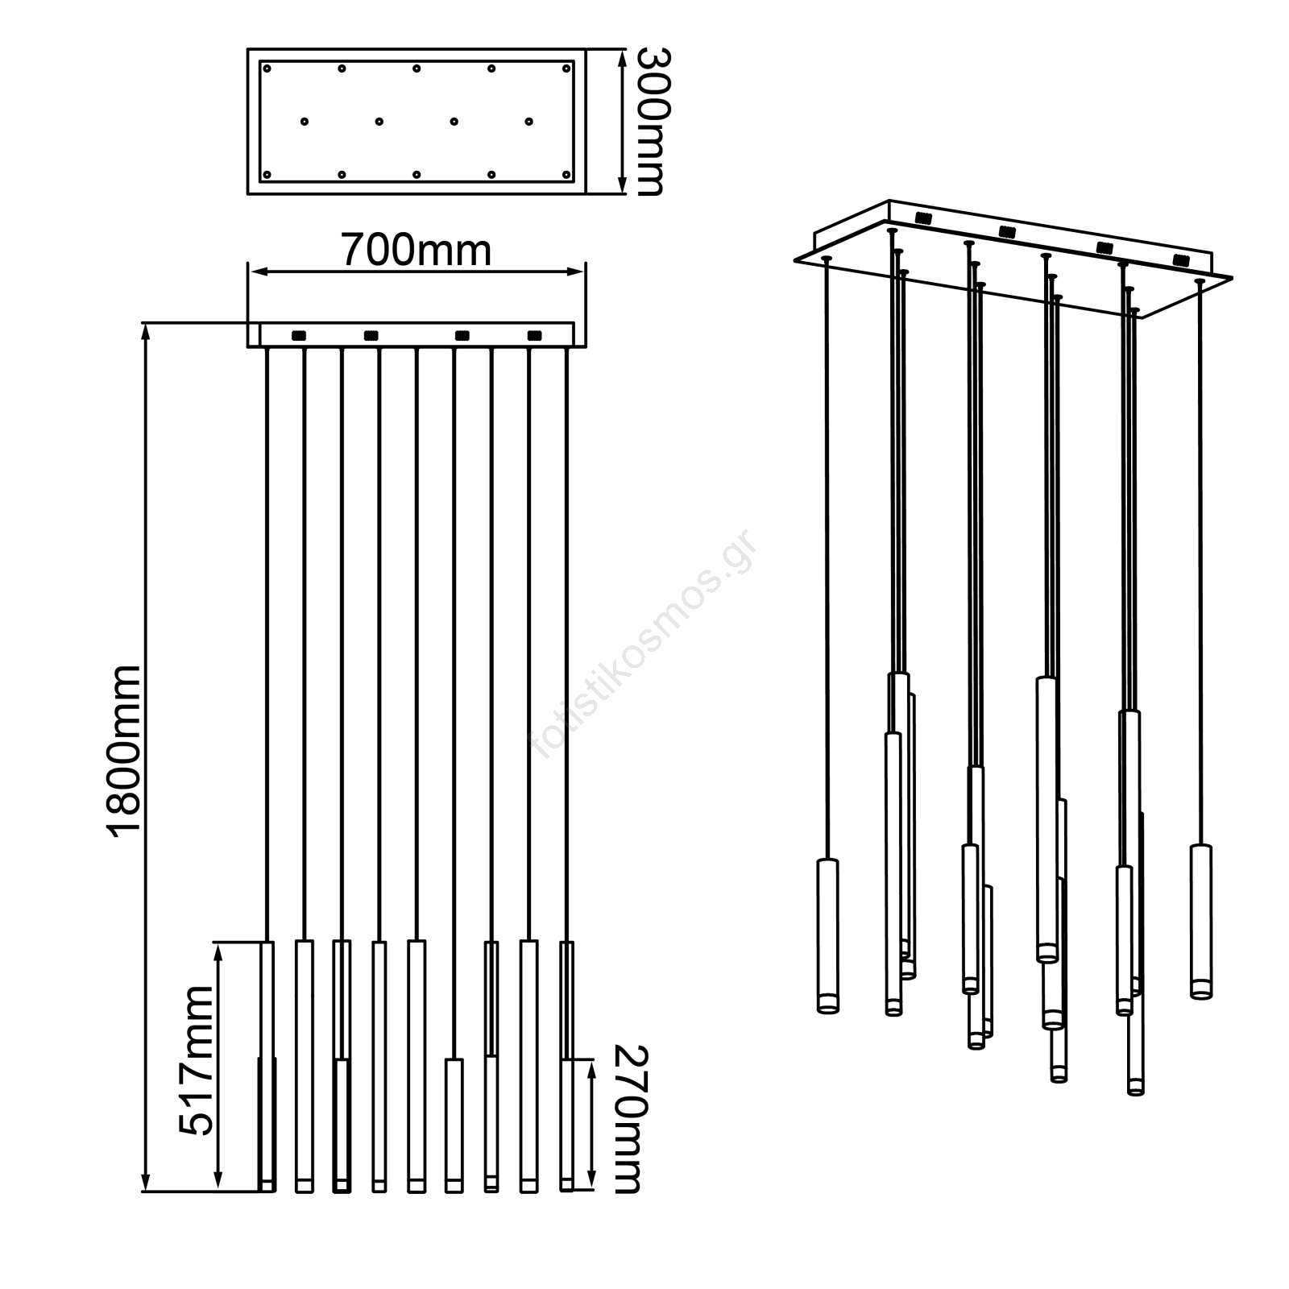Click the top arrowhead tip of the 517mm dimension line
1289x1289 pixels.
[x=218, y=943]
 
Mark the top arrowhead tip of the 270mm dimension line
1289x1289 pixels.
[x=592, y=1061]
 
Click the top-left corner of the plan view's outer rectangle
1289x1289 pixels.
[x=247, y=50]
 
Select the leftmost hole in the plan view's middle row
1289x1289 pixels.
[x=305, y=122]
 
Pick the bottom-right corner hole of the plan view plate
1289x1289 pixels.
[x=566, y=174]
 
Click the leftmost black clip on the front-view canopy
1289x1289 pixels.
[x=298, y=335]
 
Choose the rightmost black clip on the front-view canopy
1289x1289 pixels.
[x=534, y=335]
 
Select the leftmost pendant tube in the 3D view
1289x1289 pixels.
[x=827, y=935]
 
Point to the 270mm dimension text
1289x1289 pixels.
[x=631, y=1130]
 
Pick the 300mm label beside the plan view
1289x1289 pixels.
[x=649, y=122]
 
